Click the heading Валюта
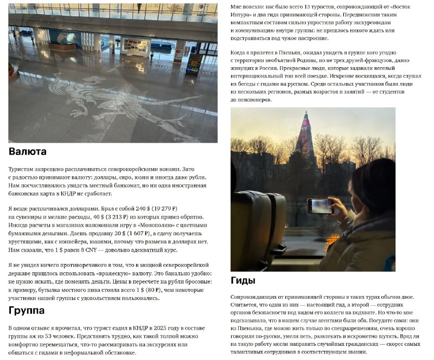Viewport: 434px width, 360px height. coord(28,151)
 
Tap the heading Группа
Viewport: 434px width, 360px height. coord(27,311)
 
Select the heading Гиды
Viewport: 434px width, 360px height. coord(242,280)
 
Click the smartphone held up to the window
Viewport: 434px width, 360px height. coord(320,206)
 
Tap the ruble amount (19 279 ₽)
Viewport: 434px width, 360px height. coord(163,208)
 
